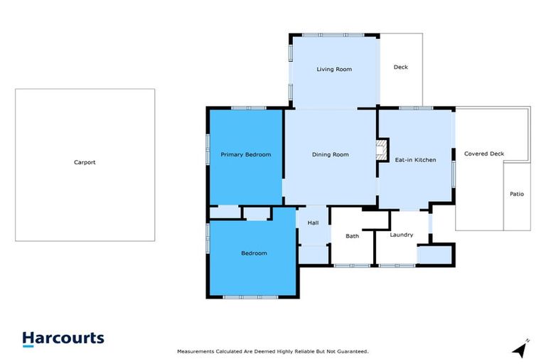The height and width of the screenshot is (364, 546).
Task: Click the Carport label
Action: [85, 162]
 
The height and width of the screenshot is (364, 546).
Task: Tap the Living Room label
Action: [334, 69]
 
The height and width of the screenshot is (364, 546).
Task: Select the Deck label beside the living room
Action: [401, 68]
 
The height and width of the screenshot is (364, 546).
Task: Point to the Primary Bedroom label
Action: [245, 154]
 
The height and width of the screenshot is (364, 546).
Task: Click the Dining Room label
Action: [331, 154]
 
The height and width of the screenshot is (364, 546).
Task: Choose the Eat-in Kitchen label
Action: [415, 160]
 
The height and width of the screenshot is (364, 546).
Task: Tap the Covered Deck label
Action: [484, 154]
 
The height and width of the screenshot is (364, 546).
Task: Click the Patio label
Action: [517, 193]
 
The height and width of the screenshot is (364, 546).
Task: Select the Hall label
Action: [313, 223]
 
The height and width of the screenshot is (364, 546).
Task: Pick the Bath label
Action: [352, 235]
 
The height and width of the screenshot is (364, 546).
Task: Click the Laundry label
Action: [402, 235]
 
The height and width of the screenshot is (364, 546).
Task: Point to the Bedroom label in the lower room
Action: [254, 253]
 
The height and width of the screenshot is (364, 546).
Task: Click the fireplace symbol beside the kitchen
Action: [381, 151]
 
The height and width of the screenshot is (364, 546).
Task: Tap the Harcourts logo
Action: [63, 339]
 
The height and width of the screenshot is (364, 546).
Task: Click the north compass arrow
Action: [521, 349]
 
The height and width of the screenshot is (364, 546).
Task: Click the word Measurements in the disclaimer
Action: [196, 351]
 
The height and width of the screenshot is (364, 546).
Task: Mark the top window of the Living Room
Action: [334, 35]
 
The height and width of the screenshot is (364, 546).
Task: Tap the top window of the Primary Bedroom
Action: [248, 108]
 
